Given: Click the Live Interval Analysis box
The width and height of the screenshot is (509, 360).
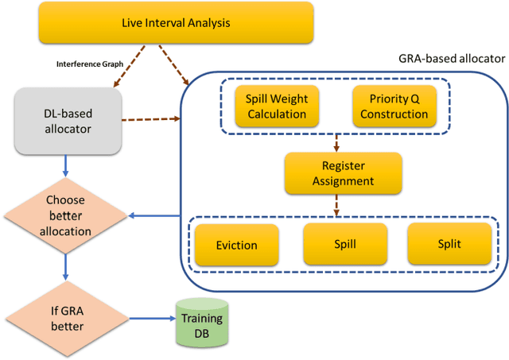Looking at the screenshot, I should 176,22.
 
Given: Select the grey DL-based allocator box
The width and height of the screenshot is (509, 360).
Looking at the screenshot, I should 68,122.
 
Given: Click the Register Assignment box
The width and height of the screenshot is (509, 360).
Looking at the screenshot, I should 343,173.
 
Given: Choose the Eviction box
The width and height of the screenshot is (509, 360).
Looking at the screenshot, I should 236,245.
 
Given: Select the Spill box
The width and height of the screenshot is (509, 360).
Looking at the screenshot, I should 344,244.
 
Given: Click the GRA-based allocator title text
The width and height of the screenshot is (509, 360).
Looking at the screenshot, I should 450,59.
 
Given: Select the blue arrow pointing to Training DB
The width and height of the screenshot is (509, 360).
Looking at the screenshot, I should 153,319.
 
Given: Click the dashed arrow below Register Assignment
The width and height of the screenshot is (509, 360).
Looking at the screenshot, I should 337,207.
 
